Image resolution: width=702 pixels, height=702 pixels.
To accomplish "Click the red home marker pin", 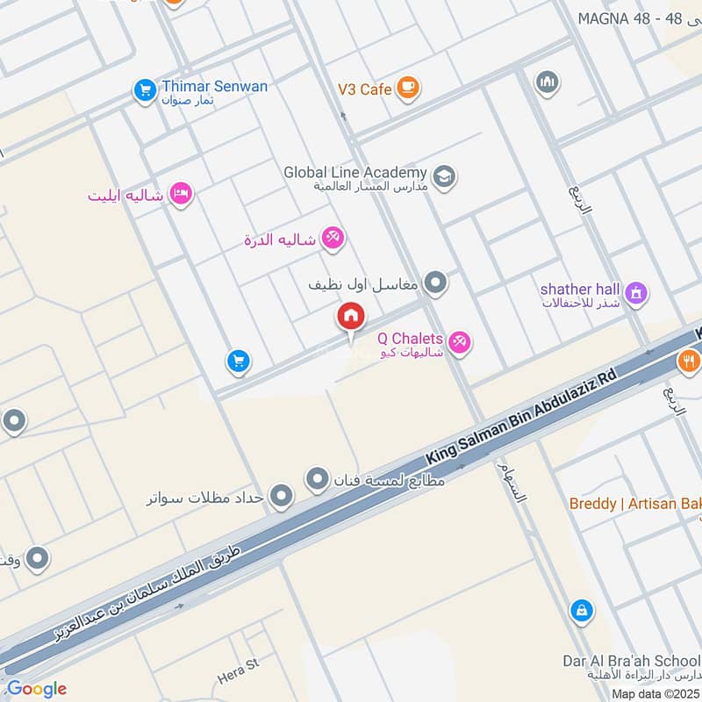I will (351, 317).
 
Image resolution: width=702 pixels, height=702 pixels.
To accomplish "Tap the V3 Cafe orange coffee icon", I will (407, 87).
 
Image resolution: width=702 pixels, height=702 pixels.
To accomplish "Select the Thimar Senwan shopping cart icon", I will (143, 89).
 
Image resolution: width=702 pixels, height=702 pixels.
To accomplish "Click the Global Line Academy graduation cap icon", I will (444, 176).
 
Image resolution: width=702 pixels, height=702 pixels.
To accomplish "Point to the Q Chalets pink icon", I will (458, 341).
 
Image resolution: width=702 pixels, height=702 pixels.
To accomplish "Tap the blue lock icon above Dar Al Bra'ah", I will (580, 609).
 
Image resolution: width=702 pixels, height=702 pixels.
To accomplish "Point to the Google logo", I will (36, 689).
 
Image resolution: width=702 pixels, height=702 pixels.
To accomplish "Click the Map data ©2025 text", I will (655, 693).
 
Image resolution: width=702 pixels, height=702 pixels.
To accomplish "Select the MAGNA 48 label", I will (619, 18).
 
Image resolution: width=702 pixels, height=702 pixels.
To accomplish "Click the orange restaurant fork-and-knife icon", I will (689, 359).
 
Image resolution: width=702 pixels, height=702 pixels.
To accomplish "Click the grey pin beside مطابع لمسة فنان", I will (317, 479).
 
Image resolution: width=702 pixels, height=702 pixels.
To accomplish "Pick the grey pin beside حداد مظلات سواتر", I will (281, 498).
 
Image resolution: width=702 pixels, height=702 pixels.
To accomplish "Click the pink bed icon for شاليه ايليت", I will (181, 192).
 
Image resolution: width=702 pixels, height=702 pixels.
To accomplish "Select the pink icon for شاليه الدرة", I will (332, 238).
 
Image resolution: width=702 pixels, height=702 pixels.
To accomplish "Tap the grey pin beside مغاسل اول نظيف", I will (435, 283).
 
